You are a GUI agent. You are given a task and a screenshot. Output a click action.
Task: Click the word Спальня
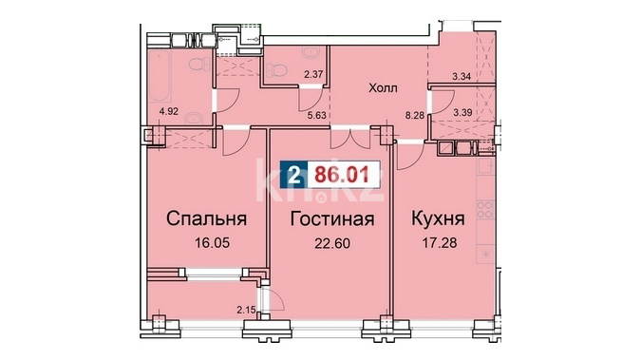tap(206, 218)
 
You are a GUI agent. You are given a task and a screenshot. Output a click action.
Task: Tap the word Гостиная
tap(332, 218)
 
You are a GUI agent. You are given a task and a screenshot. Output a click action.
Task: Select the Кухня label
tap(438, 218)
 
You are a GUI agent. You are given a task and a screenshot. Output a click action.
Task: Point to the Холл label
tap(383, 88)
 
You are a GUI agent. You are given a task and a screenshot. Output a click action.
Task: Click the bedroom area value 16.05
tap(212, 243)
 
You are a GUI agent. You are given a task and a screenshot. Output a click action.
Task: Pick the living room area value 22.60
tap(332, 243)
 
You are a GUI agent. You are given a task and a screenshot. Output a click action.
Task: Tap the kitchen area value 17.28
tap(439, 243)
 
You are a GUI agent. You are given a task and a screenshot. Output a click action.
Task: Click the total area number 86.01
tap(341, 175)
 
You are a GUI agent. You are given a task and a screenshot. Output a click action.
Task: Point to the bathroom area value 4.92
tap(169, 111)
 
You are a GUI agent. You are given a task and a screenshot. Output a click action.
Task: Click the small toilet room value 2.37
tap(313, 74)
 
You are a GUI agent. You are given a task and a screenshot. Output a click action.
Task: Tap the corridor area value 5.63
tap(317, 115)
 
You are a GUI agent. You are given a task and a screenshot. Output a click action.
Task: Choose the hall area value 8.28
tap(415, 115)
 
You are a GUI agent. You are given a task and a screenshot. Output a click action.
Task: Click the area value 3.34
tap(462, 77)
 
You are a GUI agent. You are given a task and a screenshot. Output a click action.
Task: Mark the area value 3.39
tap(462, 112)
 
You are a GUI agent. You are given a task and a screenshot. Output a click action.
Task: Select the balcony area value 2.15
tap(246, 310)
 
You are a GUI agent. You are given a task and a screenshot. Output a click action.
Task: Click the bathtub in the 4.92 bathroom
tap(160, 77)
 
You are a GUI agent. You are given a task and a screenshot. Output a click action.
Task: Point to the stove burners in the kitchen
tap(485, 209)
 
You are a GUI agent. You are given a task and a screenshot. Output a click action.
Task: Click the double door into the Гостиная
tap(350, 139)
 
